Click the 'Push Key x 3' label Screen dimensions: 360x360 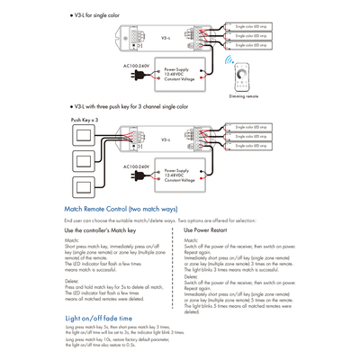83,119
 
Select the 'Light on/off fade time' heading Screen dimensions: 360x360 99,318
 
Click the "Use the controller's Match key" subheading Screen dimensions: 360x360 102,230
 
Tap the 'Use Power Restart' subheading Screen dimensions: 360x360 207,230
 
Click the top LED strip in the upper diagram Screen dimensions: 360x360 253,28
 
